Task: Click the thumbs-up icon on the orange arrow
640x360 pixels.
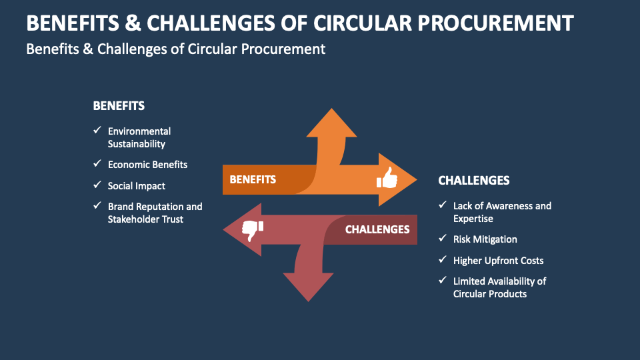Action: click(387, 179)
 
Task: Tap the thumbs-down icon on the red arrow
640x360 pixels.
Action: click(252, 230)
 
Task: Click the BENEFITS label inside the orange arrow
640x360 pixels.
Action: click(253, 179)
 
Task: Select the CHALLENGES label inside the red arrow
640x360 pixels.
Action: click(377, 229)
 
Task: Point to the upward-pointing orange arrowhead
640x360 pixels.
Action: click(331, 123)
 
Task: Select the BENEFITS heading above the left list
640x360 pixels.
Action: click(119, 106)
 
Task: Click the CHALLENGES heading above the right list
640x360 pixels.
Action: click(474, 180)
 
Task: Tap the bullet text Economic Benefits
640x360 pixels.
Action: click(148, 165)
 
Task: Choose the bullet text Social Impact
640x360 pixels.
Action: click(137, 186)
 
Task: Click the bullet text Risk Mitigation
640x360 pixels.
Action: click(485, 239)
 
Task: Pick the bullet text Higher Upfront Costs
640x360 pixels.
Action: click(499, 261)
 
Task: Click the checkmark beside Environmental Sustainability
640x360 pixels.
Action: click(97, 131)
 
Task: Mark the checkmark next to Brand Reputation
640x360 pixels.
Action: click(97, 207)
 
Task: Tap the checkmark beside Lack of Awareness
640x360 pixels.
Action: click(443, 205)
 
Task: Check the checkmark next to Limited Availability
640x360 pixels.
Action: click(443, 281)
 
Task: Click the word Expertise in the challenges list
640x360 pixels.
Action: click(473, 219)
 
